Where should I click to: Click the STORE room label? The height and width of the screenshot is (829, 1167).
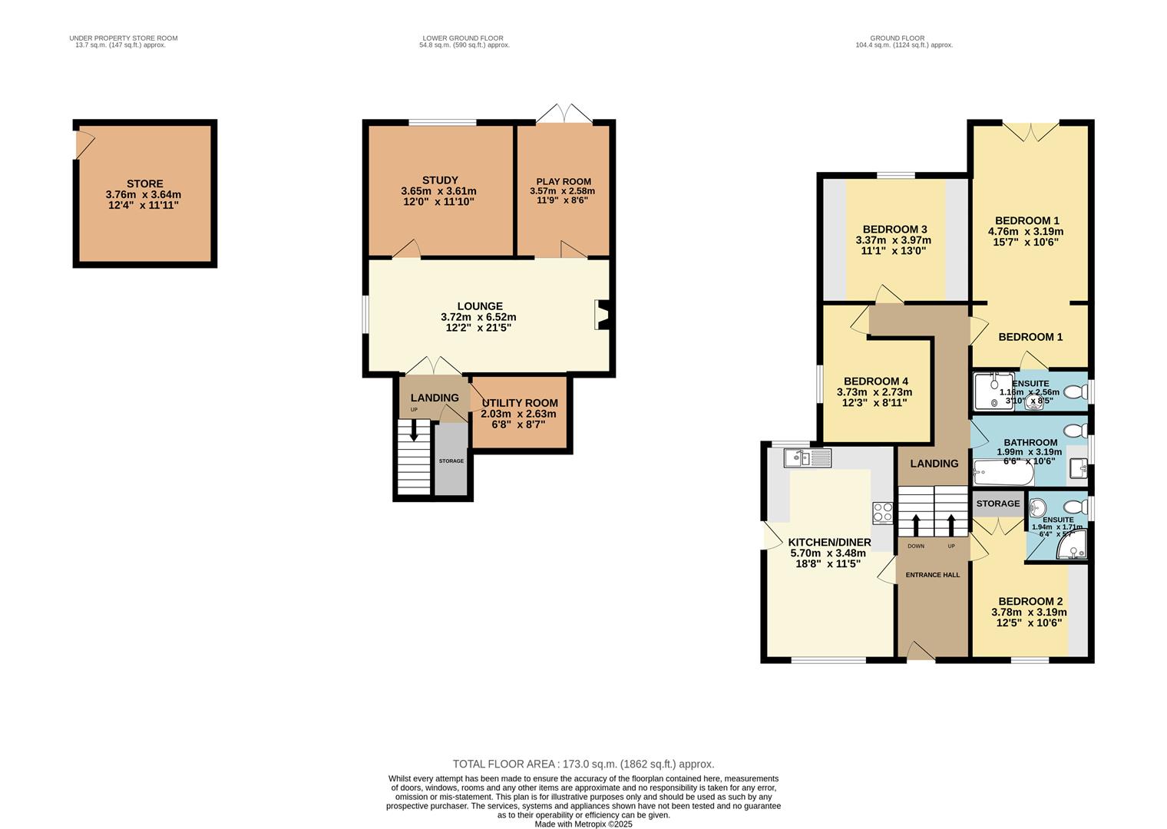click(x=144, y=183)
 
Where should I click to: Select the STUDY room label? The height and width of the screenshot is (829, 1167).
click(x=440, y=180)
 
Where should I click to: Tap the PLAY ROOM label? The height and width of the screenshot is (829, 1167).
click(x=564, y=182)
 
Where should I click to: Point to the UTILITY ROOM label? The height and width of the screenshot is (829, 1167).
click(x=520, y=403)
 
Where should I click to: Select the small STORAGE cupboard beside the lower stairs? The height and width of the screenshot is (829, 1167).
click(x=451, y=461)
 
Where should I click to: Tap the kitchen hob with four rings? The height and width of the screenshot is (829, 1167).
click(x=881, y=512)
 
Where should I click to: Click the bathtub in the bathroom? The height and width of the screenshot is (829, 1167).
click(x=1003, y=474)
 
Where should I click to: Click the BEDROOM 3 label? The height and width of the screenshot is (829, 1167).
click(x=894, y=230)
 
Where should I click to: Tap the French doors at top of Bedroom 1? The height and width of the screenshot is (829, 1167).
click(x=1030, y=131)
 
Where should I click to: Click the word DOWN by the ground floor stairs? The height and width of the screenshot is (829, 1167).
click(x=916, y=547)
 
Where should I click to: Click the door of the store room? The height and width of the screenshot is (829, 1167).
click(x=83, y=144)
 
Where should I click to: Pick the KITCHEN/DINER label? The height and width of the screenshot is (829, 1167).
click(x=830, y=542)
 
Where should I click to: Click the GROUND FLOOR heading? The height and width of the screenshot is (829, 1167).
click(x=897, y=38)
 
